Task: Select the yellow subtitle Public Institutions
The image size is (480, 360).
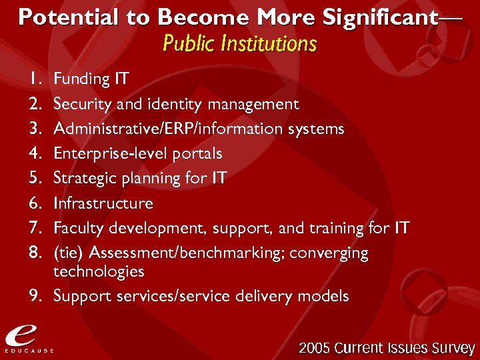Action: pos(239,44)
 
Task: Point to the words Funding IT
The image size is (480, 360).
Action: pos(91,79)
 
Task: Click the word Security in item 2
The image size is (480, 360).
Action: pos(79,104)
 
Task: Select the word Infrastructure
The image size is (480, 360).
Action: pos(103,203)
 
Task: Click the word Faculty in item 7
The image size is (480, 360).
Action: pos(76,229)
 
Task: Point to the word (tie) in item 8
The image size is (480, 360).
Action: pos(69,253)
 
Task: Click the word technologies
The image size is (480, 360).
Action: pos(99,271)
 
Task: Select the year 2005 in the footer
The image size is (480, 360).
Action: pos(315,348)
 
